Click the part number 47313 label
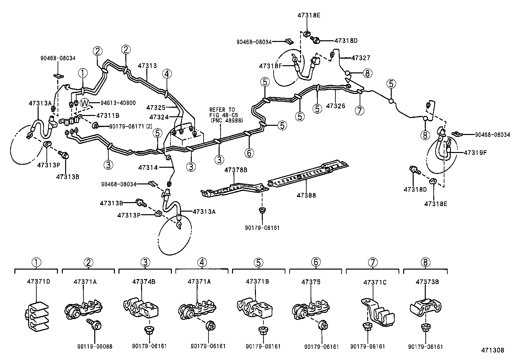pyautogui.click(x=147, y=66)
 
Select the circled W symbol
pyautogui.click(x=85, y=103)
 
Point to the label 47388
pyautogui.click(x=306, y=195)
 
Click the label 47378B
pyautogui.click(x=236, y=170)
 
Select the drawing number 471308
pyautogui.click(x=492, y=350)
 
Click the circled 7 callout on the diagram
pyautogui.click(x=359, y=111)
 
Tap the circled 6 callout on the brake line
pyautogui.click(x=249, y=153)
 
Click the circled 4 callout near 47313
pyautogui.click(x=167, y=74)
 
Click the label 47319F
pyautogui.click(x=475, y=152)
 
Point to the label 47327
pyautogui.click(x=361, y=58)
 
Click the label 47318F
pyautogui.click(x=270, y=66)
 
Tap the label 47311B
pyautogui.click(x=108, y=115)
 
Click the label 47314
pyautogui.click(x=148, y=167)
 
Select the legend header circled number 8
pyautogui.click(x=425, y=262)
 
